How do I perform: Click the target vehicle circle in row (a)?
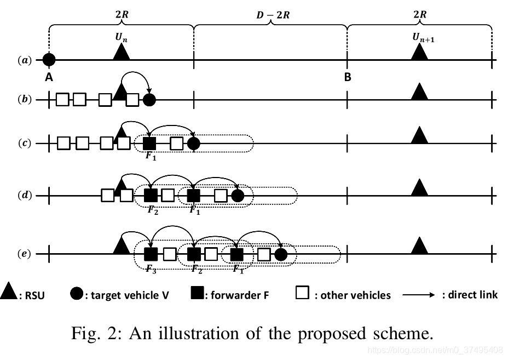[x=49, y=59]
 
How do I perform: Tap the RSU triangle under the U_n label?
[x=121, y=52]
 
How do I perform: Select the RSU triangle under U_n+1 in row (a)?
[x=419, y=52]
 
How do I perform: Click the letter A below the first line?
[x=49, y=77]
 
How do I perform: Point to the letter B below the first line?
[x=347, y=77]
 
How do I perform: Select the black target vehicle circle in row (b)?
[x=149, y=100]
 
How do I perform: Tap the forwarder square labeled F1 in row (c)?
[x=149, y=144]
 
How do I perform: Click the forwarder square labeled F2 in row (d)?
[x=151, y=195]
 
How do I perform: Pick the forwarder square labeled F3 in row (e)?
[x=151, y=254]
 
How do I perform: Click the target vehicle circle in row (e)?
[x=281, y=254]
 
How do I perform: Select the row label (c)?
[x=25, y=144]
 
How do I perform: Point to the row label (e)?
[x=25, y=254]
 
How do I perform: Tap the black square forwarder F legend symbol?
[x=198, y=294]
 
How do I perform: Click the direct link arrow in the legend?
[x=420, y=295]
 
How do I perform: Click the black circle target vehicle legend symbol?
[x=77, y=294]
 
